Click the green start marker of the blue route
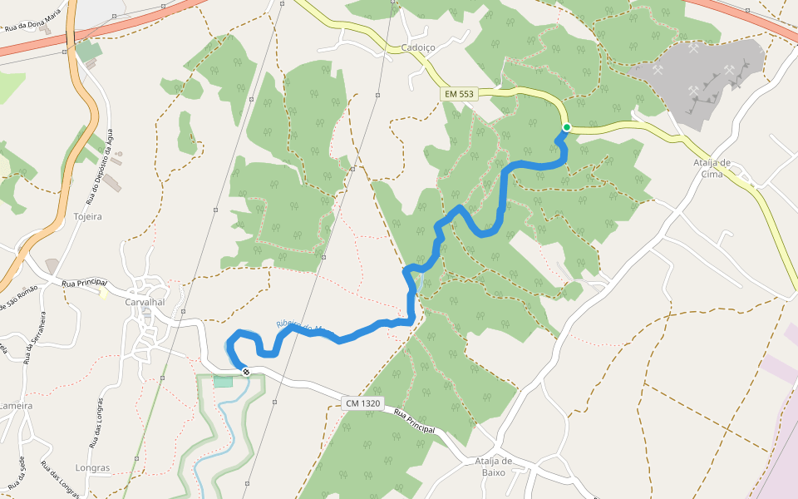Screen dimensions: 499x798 [x=567, y=127]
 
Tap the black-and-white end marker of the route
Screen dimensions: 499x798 [x=246, y=371]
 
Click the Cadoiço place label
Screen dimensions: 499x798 [x=418, y=47]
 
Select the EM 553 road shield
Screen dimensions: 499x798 [x=458, y=94]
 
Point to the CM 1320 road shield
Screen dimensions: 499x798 [x=362, y=403]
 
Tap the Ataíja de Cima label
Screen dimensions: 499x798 [x=712, y=168]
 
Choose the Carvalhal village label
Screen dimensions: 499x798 [x=145, y=301]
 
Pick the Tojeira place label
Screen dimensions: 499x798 [x=87, y=216]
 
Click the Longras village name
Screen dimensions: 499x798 [x=91, y=467]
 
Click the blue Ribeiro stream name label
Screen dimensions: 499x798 [x=303, y=329]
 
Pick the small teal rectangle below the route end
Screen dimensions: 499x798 [x=223, y=381]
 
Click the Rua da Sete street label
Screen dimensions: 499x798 [x=17, y=472]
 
